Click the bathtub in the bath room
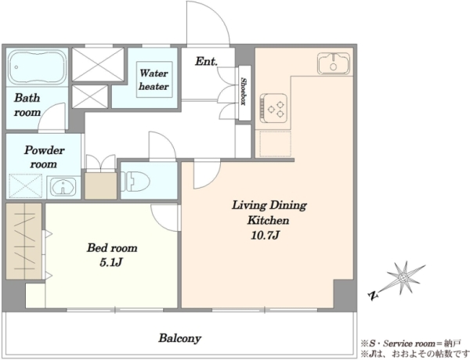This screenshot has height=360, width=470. click(37, 67)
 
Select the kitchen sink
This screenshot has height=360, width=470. click(334, 63)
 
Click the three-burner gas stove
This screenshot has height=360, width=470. click(273, 109)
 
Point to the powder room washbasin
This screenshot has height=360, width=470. click(63, 188)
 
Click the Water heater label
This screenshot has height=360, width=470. click(154, 80)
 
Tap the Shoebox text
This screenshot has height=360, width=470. click(244, 92)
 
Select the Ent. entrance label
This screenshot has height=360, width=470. click(206, 61)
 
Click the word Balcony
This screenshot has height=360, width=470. click(180, 338)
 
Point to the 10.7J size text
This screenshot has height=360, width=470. click(266, 236)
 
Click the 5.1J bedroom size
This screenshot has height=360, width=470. click(111, 263)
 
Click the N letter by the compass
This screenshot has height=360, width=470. click(373, 296)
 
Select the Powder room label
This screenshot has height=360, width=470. click(44, 157)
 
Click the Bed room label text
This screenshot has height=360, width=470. click(112, 248)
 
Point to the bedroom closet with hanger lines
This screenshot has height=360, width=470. click(23, 241)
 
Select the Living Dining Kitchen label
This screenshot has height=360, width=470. click(269, 213)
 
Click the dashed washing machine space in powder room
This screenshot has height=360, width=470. click(26, 186)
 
